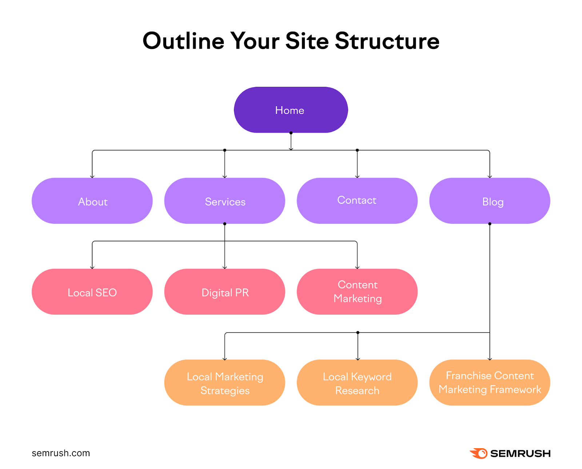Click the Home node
(x=291, y=110)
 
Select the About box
(x=92, y=201)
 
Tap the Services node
(x=224, y=201)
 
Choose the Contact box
(x=357, y=201)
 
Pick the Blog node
(x=490, y=201)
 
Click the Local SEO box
(x=92, y=292)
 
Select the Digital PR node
(x=224, y=292)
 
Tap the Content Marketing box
(x=357, y=292)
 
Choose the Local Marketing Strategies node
(x=224, y=383)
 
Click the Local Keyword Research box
(x=357, y=383)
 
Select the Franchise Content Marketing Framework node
(x=490, y=383)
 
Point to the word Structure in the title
(x=387, y=41)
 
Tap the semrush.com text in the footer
(x=61, y=453)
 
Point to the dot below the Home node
(x=291, y=133)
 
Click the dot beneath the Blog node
(x=490, y=224)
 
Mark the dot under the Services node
(x=224, y=224)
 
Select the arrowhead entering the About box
(x=92, y=177)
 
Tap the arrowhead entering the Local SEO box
(x=92, y=267)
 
